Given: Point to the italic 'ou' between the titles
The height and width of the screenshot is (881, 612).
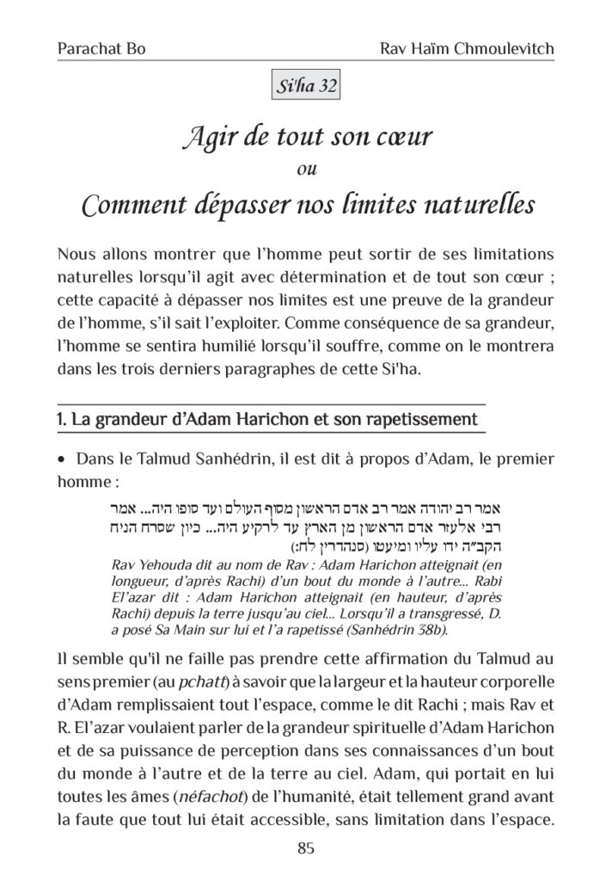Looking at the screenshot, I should [305, 169].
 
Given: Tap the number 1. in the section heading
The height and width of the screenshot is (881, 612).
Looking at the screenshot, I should [61, 420].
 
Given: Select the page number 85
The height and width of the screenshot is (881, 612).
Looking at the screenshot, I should [306, 848].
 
